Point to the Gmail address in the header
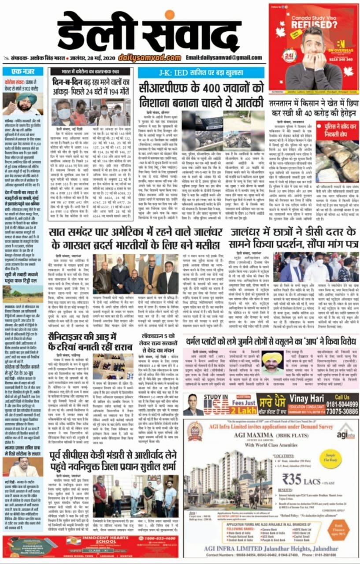[x=223, y=58]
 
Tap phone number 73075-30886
[x=336, y=411]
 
